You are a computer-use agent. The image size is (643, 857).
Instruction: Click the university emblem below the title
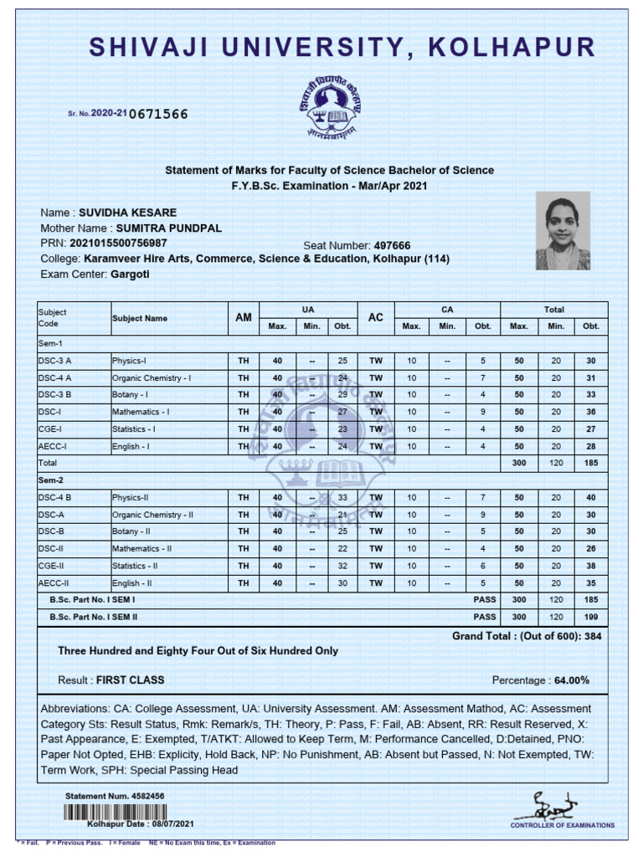[x=321, y=105]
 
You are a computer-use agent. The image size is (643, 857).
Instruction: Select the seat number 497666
[x=392, y=245]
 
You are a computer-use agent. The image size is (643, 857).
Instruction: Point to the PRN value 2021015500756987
[x=118, y=244]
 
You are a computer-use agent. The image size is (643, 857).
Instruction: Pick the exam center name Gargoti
[x=130, y=274]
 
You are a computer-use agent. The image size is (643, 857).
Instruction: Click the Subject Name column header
[x=139, y=318]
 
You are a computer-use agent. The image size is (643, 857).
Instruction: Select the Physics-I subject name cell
[x=129, y=361]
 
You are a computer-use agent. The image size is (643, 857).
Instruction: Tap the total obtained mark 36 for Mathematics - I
[x=591, y=412]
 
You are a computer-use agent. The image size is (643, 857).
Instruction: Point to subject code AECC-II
[x=53, y=582]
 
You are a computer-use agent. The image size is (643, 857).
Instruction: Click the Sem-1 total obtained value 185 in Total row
[x=591, y=462]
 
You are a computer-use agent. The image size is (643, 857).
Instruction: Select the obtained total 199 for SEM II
[x=591, y=617]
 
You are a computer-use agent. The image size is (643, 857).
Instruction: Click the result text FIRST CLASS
[x=130, y=680]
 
